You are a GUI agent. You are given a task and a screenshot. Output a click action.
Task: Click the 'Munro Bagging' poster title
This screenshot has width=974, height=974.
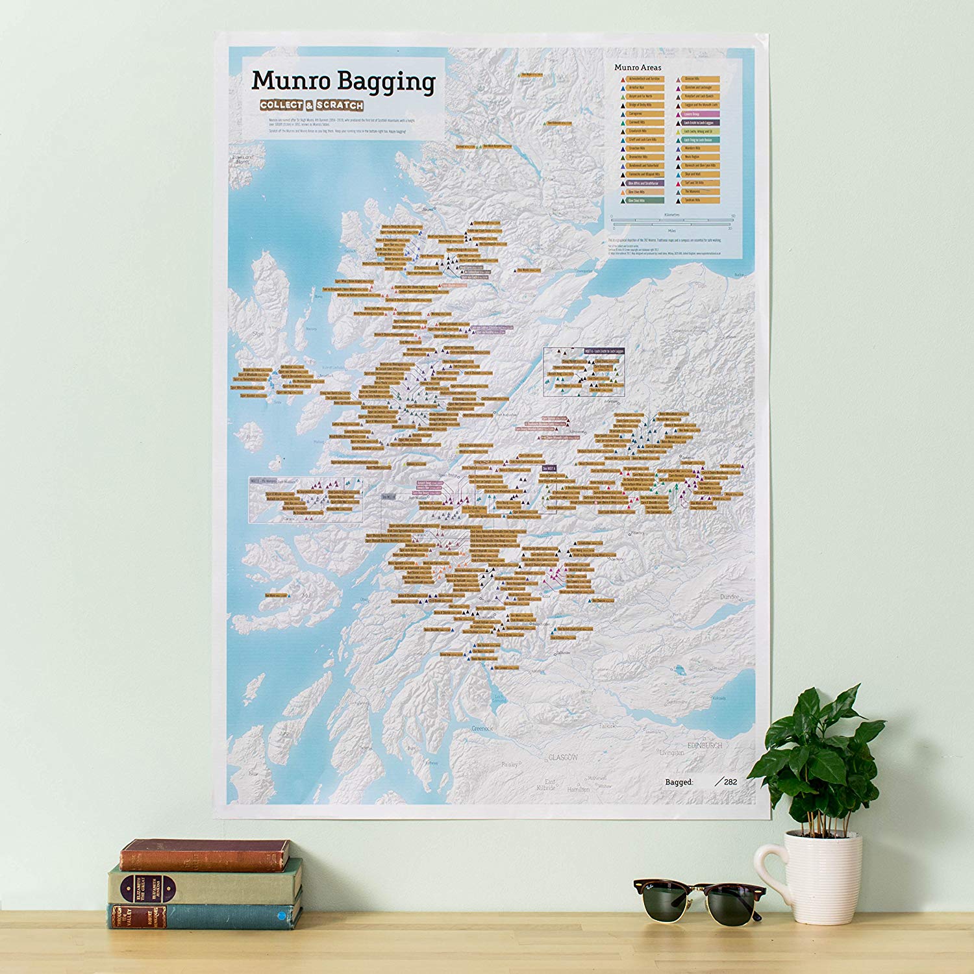(343, 82)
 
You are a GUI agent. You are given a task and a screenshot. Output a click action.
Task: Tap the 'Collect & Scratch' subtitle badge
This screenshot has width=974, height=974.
(312, 105)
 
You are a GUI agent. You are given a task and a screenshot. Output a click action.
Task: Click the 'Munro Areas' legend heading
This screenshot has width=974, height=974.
(638, 68)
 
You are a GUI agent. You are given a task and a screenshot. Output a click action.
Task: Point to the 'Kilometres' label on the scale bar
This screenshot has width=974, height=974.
(672, 214)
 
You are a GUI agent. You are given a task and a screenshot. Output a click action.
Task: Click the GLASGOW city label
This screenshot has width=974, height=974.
(562, 758)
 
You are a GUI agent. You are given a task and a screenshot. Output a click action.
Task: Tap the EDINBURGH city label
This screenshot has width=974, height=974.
(704, 745)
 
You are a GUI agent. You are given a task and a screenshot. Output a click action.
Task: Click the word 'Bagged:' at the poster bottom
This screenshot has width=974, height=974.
(679, 782)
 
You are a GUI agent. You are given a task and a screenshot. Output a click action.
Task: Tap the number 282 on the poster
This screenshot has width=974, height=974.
(730, 782)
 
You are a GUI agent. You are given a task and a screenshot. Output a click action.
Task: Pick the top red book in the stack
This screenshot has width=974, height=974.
(205, 855)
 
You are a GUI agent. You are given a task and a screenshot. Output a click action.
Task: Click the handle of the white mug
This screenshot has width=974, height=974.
(769, 870)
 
